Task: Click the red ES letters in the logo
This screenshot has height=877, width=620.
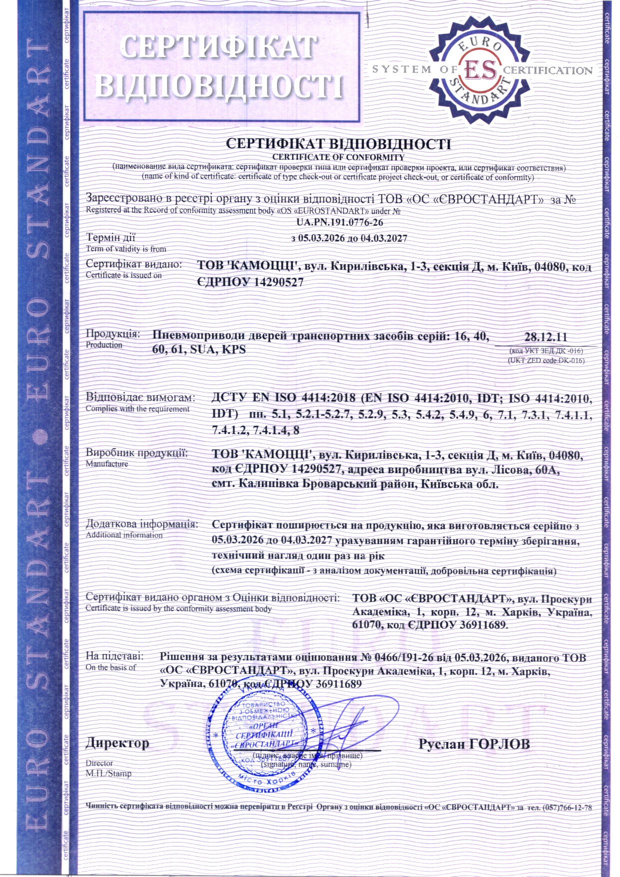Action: coord(480,70)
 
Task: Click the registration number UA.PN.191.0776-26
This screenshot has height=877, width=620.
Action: coord(339,222)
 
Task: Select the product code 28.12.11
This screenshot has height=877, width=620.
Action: coord(545,337)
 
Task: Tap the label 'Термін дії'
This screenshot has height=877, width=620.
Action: coord(110,237)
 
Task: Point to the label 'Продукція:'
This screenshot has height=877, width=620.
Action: coord(113,333)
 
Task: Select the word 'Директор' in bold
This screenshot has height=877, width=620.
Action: coord(117,743)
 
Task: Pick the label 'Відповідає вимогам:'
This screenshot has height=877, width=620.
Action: coord(140,398)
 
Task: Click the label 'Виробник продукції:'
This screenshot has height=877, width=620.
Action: coord(137,453)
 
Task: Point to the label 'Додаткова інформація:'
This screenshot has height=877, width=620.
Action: coord(142,524)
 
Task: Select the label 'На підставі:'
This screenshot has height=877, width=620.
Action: coord(114,656)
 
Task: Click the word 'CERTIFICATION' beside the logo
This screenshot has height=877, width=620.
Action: coord(547,70)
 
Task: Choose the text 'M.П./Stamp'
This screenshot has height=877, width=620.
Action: coord(108,773)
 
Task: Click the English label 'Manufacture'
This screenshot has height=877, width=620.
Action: coord(106,463)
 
